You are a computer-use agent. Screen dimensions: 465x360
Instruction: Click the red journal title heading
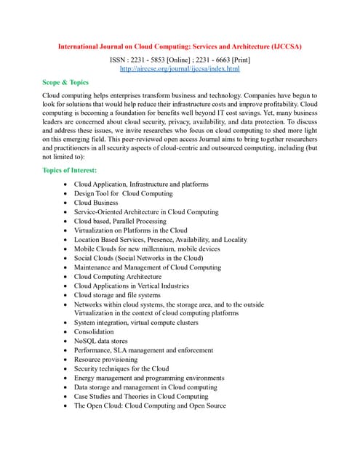click(x=180, y=46)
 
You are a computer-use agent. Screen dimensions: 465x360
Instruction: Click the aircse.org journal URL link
click(x=180, y=68)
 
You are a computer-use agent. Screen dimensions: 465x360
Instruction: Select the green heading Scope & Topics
click(x=65, y=83)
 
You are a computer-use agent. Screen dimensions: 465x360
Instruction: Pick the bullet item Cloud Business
click(x=96, y=203)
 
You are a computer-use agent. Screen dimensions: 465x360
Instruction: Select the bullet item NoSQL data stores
click(x=100, y=341)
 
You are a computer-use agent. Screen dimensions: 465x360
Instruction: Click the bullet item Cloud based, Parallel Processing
click(x=120, y=222)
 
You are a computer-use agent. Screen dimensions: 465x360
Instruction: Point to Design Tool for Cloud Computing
click(x=123, y=194)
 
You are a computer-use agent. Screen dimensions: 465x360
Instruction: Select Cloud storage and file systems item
click(x=117, y=295)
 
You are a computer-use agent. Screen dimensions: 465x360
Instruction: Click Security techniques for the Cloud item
click(x=121, y=368)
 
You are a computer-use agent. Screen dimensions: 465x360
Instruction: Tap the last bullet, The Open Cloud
click(x=150, y=405)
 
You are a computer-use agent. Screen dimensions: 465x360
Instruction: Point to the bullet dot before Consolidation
click(x=66, y=332)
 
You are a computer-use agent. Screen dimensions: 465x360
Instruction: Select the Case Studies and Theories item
click(x=141, y=396)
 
